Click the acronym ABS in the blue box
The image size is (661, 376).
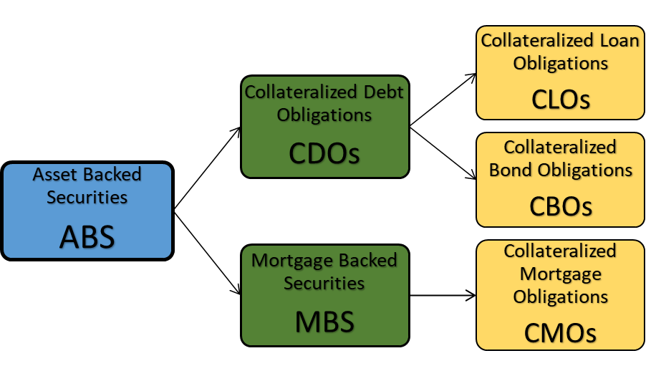87,236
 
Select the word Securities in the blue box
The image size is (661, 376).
87,197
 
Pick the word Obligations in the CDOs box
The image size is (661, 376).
324,115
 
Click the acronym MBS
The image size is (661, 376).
324,322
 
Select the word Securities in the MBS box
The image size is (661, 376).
324,283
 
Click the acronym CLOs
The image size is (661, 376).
561,100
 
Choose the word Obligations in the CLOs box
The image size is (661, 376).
561,63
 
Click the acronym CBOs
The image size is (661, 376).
561,206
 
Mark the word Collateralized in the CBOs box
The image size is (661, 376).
560,148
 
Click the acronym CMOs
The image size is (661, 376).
561,333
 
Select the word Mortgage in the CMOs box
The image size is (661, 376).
561,274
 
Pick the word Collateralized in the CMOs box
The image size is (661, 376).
560,251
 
